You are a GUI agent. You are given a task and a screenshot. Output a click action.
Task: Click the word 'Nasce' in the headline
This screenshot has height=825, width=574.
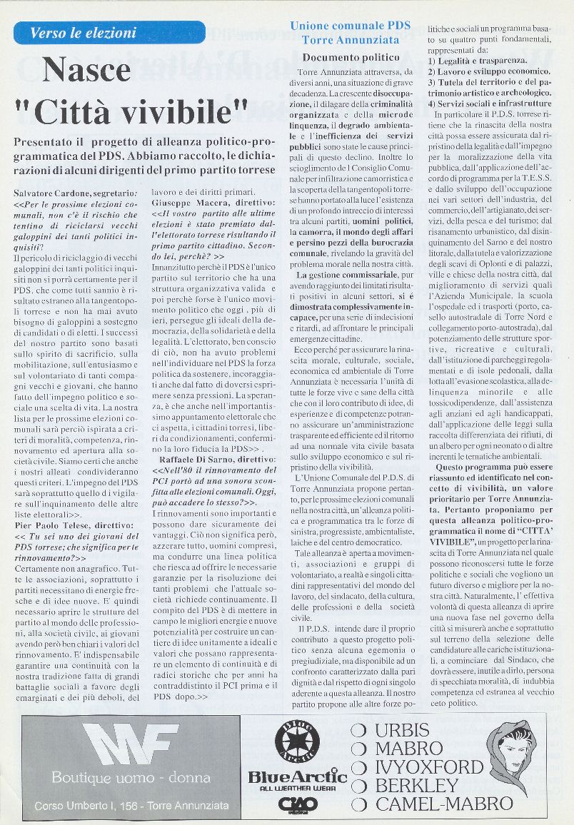86,70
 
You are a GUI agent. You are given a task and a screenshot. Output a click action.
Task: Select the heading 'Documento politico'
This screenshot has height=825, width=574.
351,57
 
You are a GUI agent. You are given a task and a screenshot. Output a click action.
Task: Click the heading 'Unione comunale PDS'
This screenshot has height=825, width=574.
350,26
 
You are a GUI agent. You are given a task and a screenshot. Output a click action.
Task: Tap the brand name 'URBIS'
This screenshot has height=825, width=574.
402,730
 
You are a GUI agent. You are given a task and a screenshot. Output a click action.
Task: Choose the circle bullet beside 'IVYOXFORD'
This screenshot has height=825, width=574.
360,767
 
